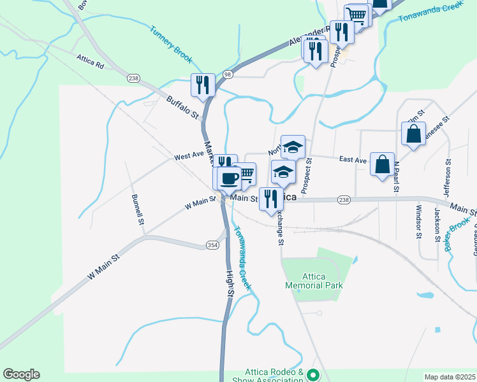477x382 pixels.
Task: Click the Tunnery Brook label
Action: [171, 44]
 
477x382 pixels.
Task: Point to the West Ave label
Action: [188, 156]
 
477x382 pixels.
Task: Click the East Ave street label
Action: [353, 159]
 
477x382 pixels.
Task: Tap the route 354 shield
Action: [212, 244]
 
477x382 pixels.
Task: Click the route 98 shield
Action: [228, 74]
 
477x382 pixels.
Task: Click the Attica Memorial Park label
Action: [314, 281]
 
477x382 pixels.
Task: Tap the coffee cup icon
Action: [229, 179]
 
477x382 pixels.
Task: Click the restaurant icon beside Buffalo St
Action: [203, 85]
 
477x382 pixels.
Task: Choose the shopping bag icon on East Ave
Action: [383, 164]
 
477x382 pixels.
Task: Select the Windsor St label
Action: [419, 222]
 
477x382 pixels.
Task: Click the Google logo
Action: [21, 374]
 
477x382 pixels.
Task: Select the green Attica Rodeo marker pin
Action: [312, 375]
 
